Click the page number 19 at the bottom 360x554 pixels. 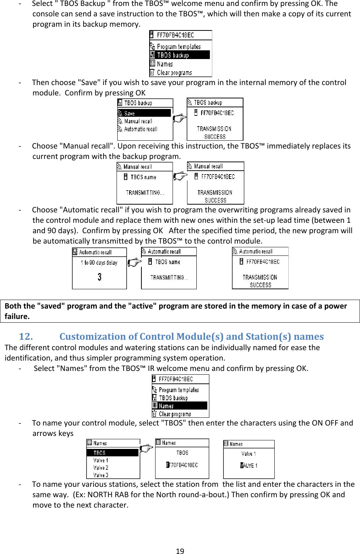(180, 551)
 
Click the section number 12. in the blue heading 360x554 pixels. (26, 336)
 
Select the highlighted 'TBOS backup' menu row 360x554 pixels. (180, 55)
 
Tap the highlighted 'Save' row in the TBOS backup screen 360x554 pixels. (144, 113)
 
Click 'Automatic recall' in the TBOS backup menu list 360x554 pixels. (141, 129)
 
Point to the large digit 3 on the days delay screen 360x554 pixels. (99, 277)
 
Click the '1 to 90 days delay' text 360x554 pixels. (99, 263)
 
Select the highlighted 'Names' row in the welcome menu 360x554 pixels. (180, 406)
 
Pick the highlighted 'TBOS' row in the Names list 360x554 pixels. (112, 453)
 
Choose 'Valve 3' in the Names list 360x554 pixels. (101, 475)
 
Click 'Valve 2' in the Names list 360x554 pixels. (101, 467)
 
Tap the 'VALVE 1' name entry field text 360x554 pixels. (249, 465)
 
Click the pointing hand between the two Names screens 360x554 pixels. (147, 448)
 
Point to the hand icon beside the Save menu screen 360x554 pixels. (180, 118)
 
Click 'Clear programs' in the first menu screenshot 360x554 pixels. (174, 73)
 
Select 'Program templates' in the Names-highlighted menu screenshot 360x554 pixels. (179, 390)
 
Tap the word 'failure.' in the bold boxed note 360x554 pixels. (17, 316)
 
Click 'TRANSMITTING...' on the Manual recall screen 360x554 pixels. (145, 193)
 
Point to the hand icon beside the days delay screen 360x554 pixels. (134, 263)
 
